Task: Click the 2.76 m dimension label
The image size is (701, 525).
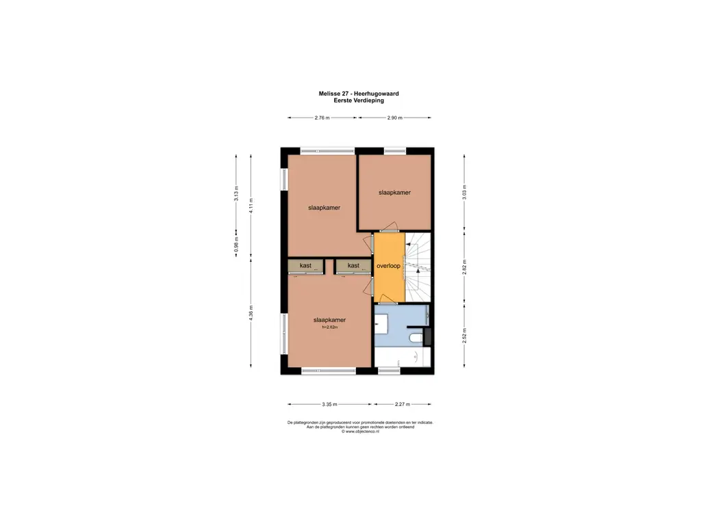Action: tap(322, 118)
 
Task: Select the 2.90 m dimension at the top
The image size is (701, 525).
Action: tap(395, 118)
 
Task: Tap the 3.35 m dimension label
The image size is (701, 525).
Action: tap(330, 405)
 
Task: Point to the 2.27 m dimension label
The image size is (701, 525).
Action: tap(403, 405)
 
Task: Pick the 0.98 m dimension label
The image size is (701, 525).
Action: tap(237, 247)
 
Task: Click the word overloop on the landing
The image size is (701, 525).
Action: tap(387, 265)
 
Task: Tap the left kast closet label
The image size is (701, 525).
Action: tap(305, 265)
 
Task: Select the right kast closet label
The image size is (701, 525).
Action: tap(353, 265)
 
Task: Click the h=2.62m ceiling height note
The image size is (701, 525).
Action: tap(330, 327)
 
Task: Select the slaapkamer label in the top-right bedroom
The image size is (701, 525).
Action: tap(394, 193)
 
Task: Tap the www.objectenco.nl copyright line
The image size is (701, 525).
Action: tap(360, 431)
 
